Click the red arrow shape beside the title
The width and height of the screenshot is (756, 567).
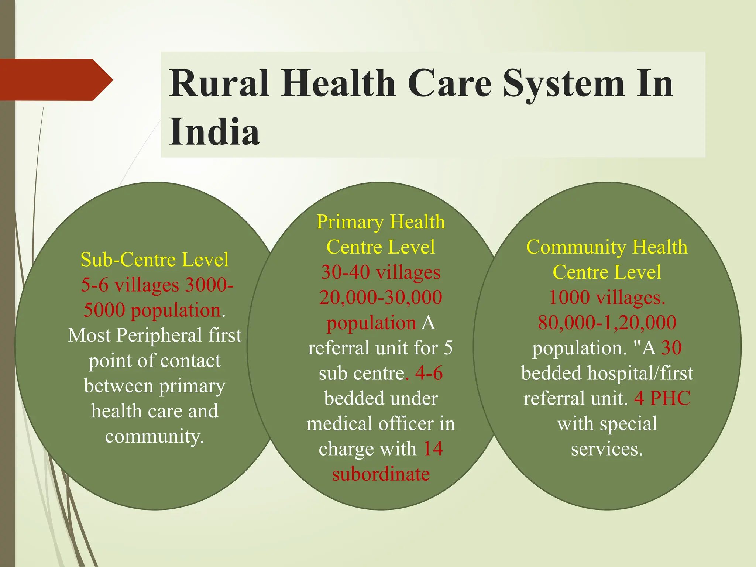point(55,80)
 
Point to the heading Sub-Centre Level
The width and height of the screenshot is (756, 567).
point(154,260)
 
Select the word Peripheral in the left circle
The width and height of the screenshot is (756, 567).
point(159,335)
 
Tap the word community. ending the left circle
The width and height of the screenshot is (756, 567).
point(154,436)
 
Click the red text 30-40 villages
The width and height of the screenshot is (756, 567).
point(381,272)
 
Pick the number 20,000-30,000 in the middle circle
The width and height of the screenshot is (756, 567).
point(381,298)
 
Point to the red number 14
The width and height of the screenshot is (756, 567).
point(433,449)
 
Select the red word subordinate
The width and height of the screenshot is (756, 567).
point(381,474)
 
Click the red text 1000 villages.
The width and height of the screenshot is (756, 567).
point(607,298)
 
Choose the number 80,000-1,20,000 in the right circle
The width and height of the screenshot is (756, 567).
point(607,323)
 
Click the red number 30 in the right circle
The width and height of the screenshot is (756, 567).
point(671,348)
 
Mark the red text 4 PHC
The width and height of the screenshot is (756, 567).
point(662,398)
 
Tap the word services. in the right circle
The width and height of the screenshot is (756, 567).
point(607,449)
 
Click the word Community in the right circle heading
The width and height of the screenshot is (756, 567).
point(575,247)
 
